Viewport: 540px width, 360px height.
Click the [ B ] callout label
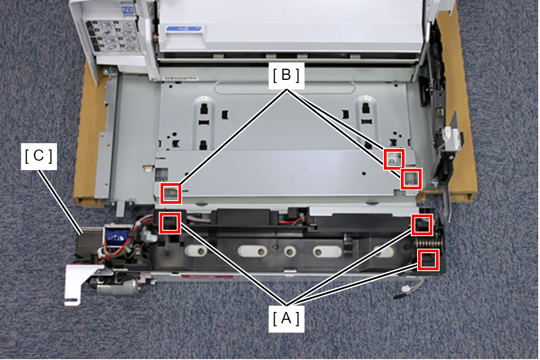(287, 75)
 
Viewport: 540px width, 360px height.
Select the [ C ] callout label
(39, 156)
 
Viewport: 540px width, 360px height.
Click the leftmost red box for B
(170, 193)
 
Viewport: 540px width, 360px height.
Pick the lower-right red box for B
(411, 179)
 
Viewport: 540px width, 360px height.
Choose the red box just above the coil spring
(422, 224)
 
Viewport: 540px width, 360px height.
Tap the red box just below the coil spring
(428, 260)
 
